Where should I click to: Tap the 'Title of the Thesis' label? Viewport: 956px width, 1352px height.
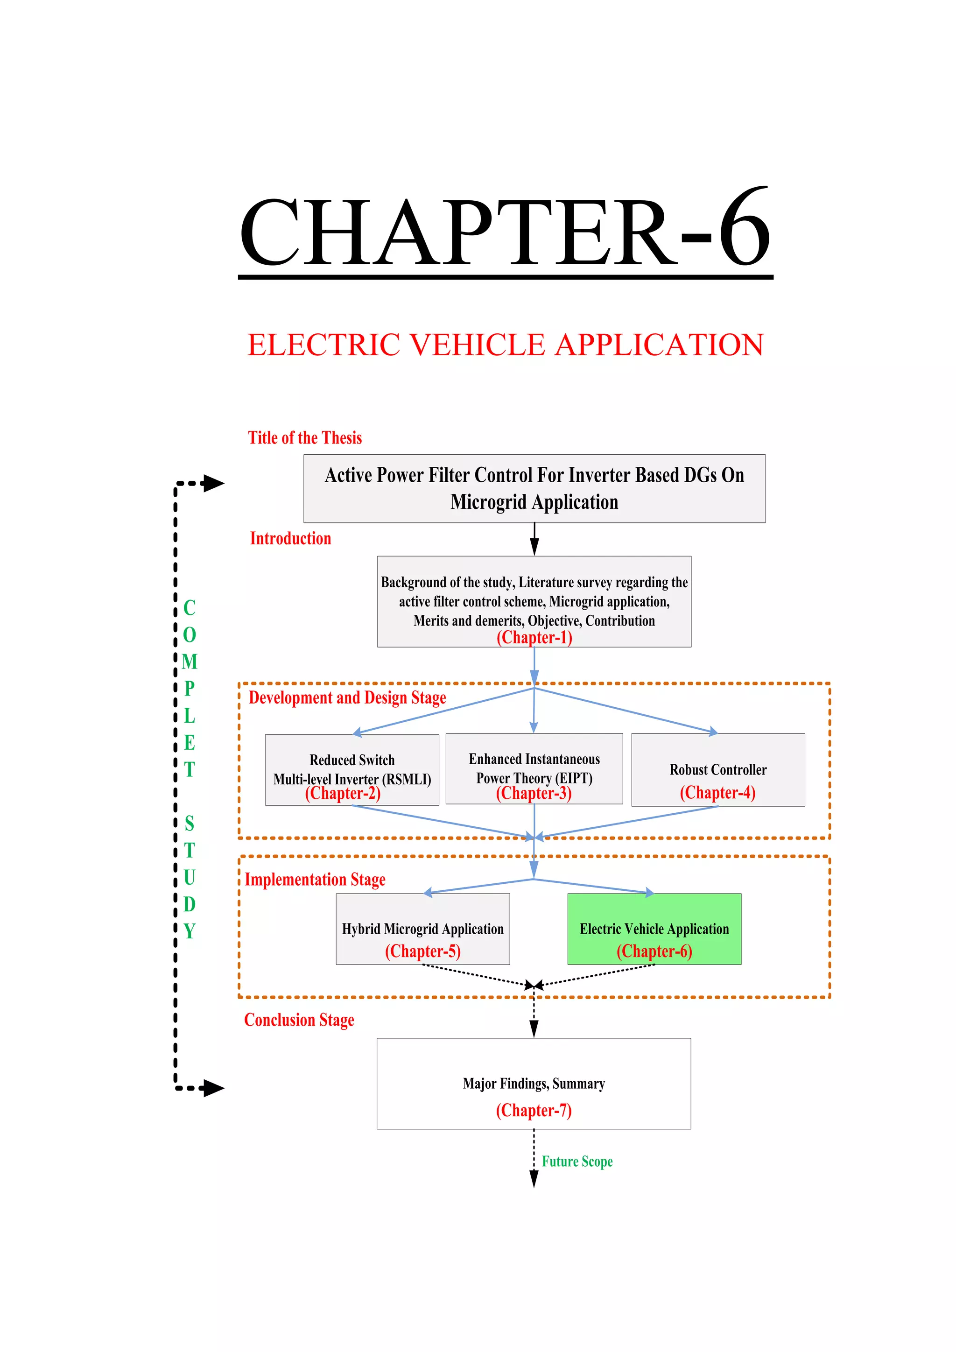tap(304, 438)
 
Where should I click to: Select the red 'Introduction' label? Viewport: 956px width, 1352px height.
tap(290, 539)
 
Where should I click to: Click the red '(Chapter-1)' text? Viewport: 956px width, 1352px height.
tap(534, 638)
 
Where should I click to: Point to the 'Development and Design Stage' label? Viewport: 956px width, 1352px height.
tap(347, 698)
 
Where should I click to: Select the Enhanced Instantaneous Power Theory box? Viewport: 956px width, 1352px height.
tap(534, 768)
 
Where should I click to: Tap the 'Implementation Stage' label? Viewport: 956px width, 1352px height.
tap(315, 880)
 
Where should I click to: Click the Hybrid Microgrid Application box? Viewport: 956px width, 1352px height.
tap(422, 929)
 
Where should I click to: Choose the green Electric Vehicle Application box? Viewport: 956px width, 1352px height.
tap(654, 929)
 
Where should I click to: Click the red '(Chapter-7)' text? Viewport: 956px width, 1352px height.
tap(534, 1111)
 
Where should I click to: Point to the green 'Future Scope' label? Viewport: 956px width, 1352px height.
tap(577, 1162)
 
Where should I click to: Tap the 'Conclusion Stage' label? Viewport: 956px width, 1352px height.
tap(299, 1021)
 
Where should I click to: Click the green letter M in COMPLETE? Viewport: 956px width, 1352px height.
tap(189, 662)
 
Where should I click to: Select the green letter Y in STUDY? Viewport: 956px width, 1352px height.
tap(189, 931)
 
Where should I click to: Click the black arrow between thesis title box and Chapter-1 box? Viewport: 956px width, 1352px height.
tap(534, 539)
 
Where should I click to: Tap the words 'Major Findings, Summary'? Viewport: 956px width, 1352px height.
tap(534, 1084)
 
